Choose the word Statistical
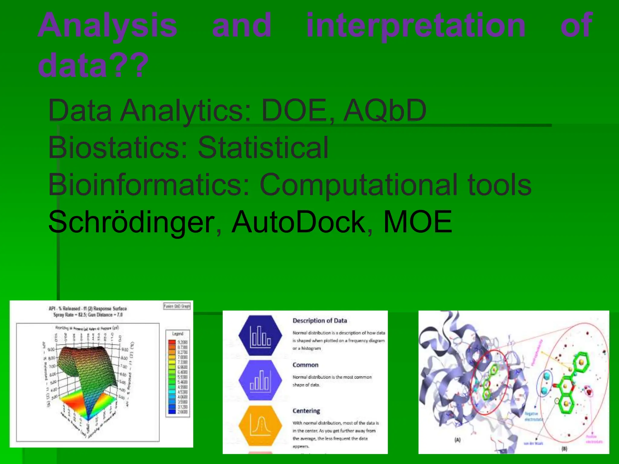click(x=263, y=147)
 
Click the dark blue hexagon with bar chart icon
click(x=260, y=335)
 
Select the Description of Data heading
click(x=319, y=321)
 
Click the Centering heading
click(x=306, y=411)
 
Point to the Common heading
click(x=305, y=365)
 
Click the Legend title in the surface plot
click(x=178, y=333)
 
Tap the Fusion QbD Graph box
click(x=177, y=306)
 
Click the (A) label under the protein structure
click(x=458, y=440)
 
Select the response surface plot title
click(x=88, y=311)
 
